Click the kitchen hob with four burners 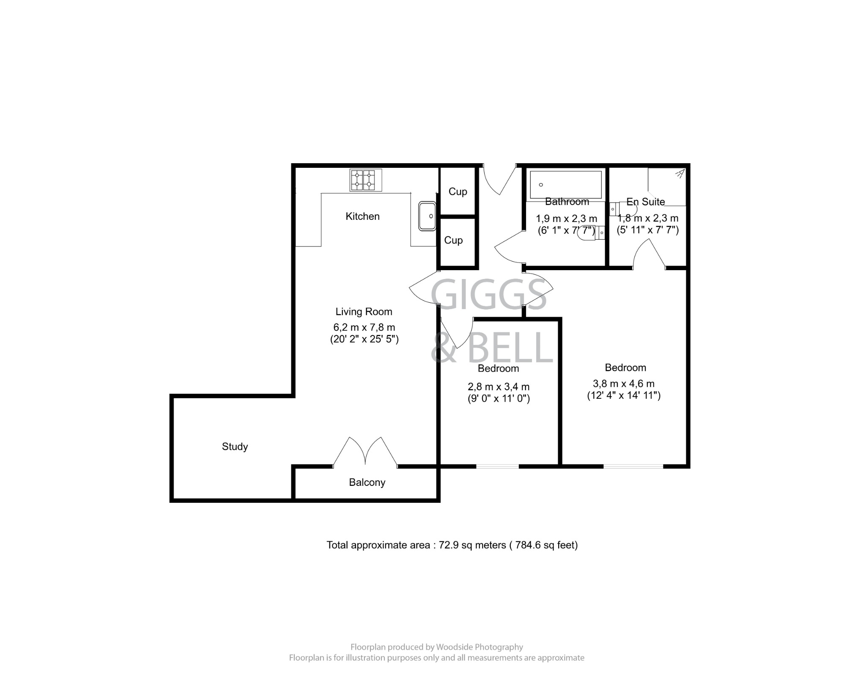tap(366, 180)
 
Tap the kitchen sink tap(427, 216)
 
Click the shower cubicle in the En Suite tap(666, 186)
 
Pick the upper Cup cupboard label tap(458, 192)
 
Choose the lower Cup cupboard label tap(453, 240)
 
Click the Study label tap(235, 447)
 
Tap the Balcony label tap(367, 482)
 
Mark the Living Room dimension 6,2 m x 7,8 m tap(364, 327)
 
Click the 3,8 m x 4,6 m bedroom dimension tap(623, 384)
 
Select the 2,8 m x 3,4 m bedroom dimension tap(499, 387)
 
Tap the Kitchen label tap(362, 216)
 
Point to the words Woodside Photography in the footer tap(480, 647)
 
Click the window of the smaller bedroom tap(497, 466)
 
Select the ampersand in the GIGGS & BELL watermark tap(444, 348)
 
